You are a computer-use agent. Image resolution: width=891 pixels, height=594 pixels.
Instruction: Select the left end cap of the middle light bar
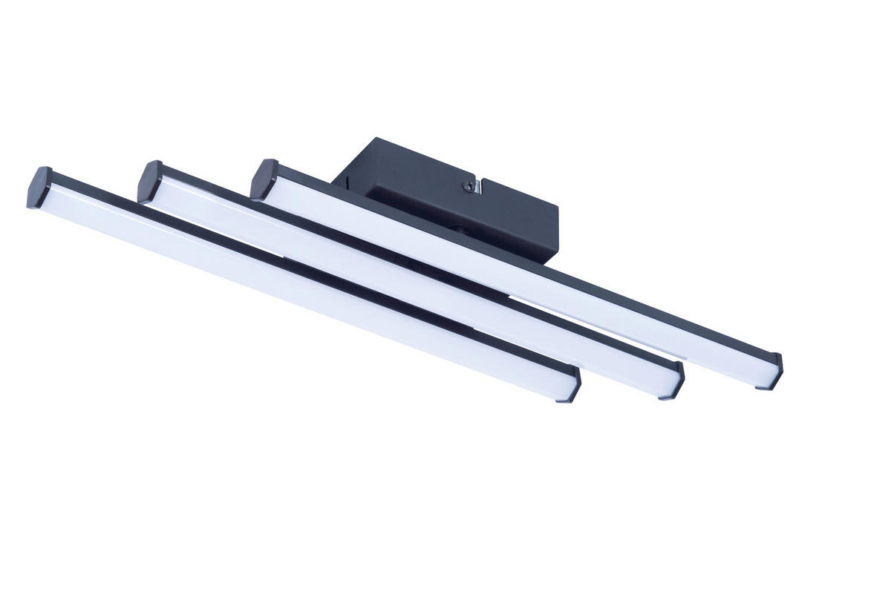pos(149,181)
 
